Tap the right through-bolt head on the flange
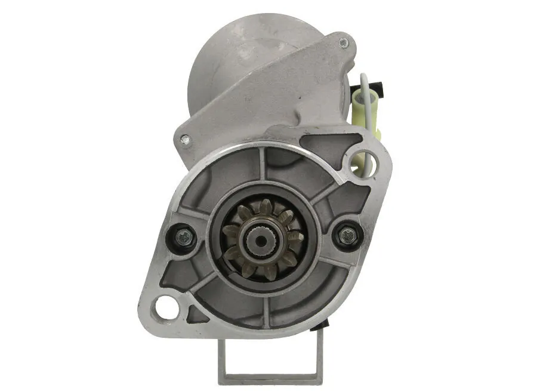344,236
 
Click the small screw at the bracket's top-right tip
342,42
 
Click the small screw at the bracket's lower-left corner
185,140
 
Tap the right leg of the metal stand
320,352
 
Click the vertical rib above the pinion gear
263,164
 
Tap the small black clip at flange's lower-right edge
326,324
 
